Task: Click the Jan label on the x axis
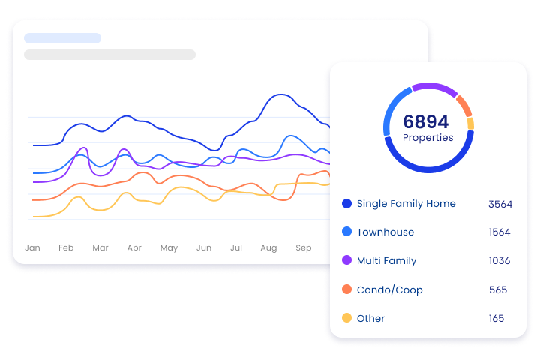coord(32,247)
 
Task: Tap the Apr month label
coord(134,247)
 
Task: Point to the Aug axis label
coord(268,247)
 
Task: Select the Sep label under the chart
coord(303,247)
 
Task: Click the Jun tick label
coord(203,247)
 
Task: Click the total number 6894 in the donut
coord(425,121)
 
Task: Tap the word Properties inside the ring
coord(427,138)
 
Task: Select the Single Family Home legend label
coord(406,204)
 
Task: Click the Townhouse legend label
coord(385,232)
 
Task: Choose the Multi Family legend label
coord(386,261)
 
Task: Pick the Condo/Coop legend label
coord(389,289)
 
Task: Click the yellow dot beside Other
coord(346,318)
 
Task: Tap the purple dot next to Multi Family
coord(346,261)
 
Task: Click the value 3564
coord(499,204)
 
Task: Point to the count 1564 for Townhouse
coord(499,232)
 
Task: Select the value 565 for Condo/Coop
coord(497,289)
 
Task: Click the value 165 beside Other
coord(496,318)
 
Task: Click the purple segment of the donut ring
coord(433,87)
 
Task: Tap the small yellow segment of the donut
coord(470,124)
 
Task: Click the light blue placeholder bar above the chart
coord(62,38)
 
